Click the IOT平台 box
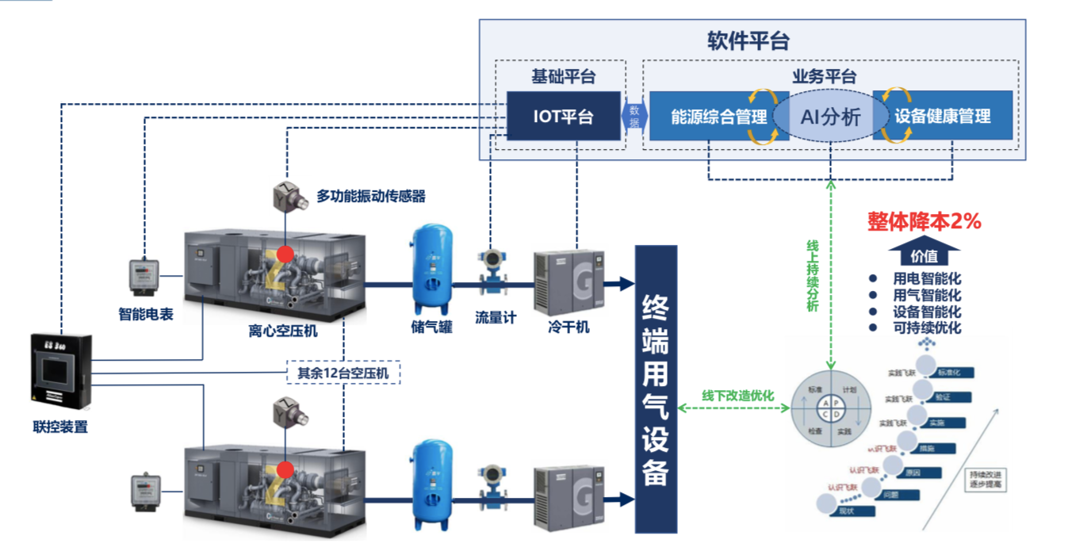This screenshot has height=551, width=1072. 563,117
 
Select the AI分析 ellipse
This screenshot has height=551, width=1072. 831,117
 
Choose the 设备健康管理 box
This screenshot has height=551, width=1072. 942,117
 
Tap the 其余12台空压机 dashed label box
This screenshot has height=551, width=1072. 343,372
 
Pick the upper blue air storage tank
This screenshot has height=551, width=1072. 432,270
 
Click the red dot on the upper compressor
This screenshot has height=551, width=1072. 285,254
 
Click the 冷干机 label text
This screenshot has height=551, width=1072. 569,327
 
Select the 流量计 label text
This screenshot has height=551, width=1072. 496,318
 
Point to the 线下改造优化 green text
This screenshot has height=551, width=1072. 737,395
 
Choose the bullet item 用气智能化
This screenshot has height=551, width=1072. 926,295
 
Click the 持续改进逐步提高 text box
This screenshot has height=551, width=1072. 986,480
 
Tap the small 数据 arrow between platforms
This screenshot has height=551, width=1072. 634,117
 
